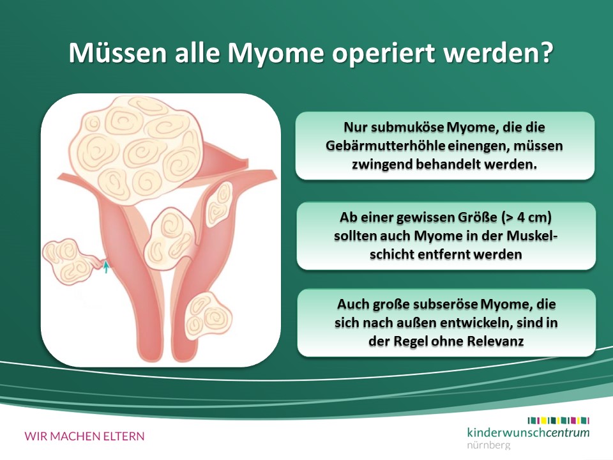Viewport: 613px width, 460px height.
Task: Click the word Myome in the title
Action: [x=276, y=53]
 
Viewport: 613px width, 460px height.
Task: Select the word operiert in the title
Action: [x=384, y=54]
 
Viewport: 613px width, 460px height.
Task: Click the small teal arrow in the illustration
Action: [x=105, y=267]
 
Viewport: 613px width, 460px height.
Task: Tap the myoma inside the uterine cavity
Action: [x=168, y=238]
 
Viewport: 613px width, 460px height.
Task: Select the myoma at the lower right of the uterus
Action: [x=208, y=315]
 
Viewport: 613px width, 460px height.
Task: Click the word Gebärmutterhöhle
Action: [x=386, y=146]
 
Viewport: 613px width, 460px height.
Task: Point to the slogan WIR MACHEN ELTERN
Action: [x=84, y=436]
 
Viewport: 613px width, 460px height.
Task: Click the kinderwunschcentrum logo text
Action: [x=528, y=433]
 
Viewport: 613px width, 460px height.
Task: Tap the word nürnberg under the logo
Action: [x=488, y=445]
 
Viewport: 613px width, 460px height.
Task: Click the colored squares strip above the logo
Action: [x=558, y=420]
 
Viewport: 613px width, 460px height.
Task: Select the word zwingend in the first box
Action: [x=382, y=164]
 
